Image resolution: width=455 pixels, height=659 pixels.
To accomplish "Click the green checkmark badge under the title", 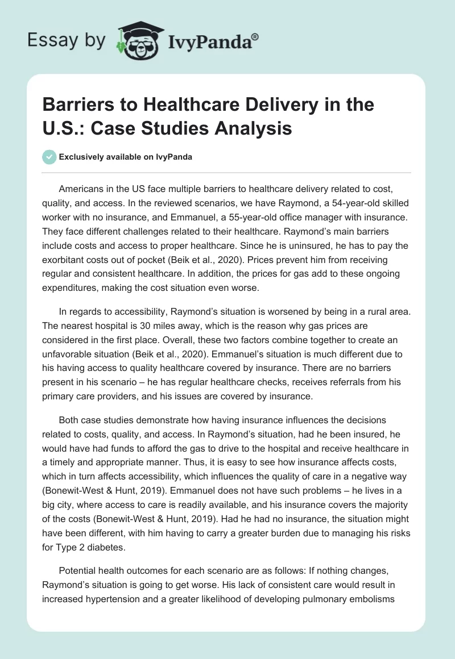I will (49, 157).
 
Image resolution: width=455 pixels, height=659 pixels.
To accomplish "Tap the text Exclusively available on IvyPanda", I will (125, 157).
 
